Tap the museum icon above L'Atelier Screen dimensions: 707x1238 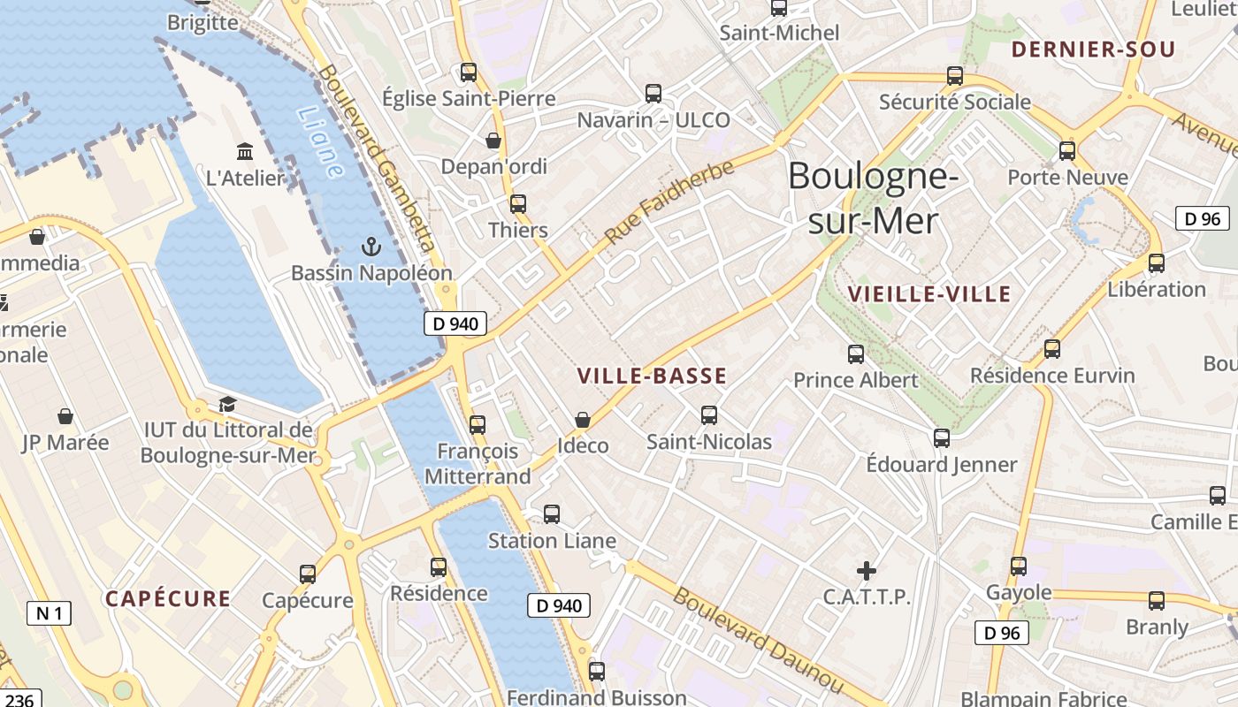click(x=245, y=151)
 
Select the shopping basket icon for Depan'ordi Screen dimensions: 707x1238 click(x=493, y=141)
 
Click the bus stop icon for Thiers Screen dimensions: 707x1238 click(x=518, y=204)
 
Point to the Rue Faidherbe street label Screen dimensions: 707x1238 click(x=669, y=202)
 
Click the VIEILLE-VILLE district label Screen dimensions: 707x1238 click(x=928, y=294)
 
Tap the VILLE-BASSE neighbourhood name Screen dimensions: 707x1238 click(x=652, y=376)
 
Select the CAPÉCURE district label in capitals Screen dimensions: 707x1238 click(x=168, y=599)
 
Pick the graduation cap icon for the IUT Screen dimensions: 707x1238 click(x=227, y=405)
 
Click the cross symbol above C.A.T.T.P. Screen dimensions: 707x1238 click(x=867, y=571)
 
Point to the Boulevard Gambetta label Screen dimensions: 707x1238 click(x=378, y=158)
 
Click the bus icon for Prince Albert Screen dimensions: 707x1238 click(x=856, y=354)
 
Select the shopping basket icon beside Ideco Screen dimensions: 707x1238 click(x=583, y=420)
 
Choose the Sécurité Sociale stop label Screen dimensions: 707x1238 click(x=955, y=103)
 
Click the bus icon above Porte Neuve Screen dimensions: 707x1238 click(x=1067, y=151)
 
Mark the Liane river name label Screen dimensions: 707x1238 click(x=319, y=142)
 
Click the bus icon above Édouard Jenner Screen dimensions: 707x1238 click(x=942, y=438)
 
